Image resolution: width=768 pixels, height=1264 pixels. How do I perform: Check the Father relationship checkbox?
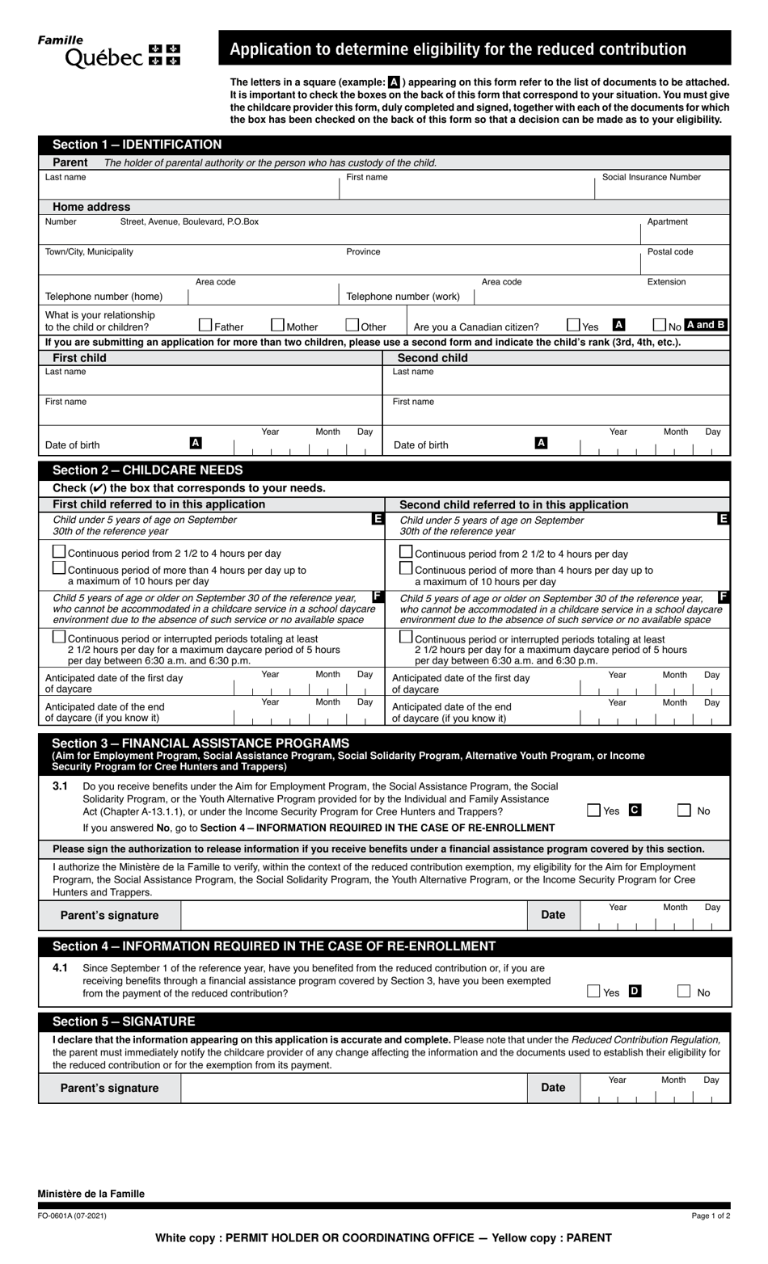[x=205, y=325]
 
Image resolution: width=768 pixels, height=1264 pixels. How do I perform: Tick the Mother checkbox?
[x=277, y=325]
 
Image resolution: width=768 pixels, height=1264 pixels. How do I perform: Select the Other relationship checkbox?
[x=352, y=325]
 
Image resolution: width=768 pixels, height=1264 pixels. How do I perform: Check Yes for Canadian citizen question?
[x=574, y=325]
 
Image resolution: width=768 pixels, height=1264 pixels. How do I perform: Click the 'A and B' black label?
[x=706, y=325]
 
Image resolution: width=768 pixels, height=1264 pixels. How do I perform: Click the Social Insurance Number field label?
[x=651, y=177]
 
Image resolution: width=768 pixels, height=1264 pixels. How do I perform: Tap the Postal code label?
[x=669, y=252]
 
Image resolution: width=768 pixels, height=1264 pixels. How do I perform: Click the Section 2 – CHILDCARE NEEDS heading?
[x=147, y=470]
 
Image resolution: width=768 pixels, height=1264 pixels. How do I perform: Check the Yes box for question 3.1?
[x=594, y=810]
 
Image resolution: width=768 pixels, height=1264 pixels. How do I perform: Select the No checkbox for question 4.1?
[x=684, y=991]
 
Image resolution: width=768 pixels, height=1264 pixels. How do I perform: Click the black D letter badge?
[x=635, y=991]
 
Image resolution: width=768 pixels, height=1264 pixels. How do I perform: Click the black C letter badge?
[x=635, y=810]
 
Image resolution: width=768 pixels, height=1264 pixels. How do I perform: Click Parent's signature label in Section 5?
[x=109, y=1088]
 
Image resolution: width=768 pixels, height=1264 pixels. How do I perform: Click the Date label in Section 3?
[x=553, y=915]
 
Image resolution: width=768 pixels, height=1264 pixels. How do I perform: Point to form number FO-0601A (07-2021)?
[x=72, y=1216]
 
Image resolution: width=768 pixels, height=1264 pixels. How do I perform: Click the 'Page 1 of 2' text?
[x=711, y=1216]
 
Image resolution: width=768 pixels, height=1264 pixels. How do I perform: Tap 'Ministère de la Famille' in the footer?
[x=91, y=1194]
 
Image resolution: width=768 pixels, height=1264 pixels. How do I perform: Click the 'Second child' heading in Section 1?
[x=432, y=358]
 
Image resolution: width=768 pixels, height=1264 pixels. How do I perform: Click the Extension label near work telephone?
[x=666, y=282]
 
